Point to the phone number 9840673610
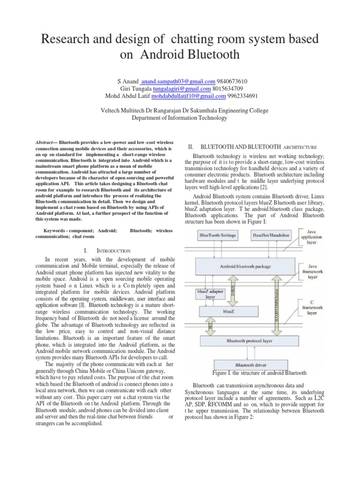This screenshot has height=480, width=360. click(232, 81)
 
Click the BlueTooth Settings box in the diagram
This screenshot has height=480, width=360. click(218, 234)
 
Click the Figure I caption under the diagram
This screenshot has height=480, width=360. click(259, 373)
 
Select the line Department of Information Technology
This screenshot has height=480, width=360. click(180, 118)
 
